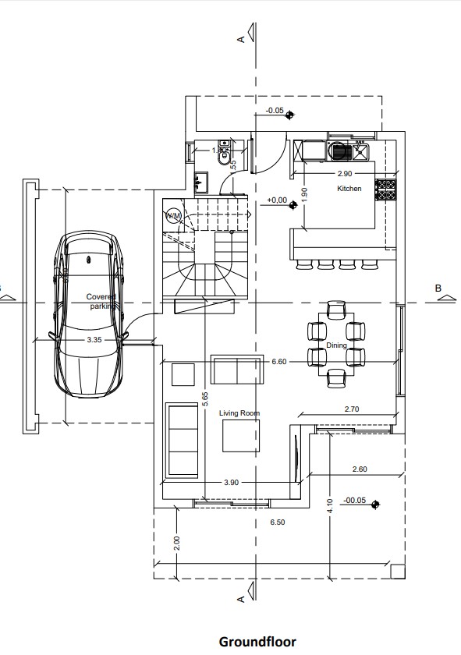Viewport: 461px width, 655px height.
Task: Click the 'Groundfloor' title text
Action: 257,642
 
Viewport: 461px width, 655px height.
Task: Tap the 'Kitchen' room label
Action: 349,189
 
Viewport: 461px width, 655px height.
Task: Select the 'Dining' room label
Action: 336,345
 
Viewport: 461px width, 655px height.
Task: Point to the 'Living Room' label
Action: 239,413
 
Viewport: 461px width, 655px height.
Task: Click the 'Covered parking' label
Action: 101,302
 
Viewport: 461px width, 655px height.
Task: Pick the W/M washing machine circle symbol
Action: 174,214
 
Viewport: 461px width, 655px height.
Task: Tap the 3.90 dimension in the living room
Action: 231,483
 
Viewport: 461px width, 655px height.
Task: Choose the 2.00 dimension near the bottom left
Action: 176,541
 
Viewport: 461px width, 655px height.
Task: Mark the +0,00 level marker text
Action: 276,200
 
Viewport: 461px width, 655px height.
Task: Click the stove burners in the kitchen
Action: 385,189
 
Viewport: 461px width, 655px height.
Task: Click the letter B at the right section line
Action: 438,288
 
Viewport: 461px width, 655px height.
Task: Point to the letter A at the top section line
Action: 242,37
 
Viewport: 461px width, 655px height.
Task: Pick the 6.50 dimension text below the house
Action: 277,522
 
